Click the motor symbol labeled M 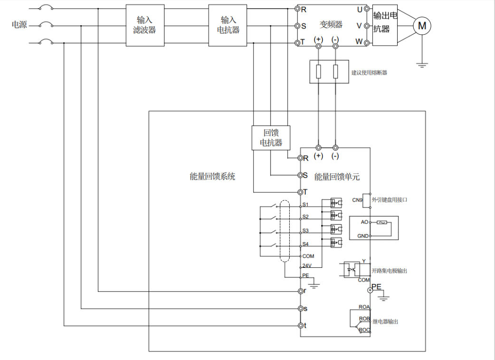(422, 26)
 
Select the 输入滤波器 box (144, 25)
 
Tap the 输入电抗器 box (228, 25)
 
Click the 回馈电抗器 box (271, 138)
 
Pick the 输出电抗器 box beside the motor (385, 25)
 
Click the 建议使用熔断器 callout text (369, 73)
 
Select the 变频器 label (331, 25)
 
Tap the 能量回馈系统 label (212, 177)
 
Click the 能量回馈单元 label (337, 177)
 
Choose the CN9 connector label (357, 200)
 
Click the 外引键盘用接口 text (390, 200)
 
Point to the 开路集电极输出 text (389, 271)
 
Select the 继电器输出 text (385, 322)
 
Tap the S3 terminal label (305, 230)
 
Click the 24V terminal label (307, 266)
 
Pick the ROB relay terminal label (364, 319)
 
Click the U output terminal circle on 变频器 (367, 9)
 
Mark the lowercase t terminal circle (300, 326)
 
